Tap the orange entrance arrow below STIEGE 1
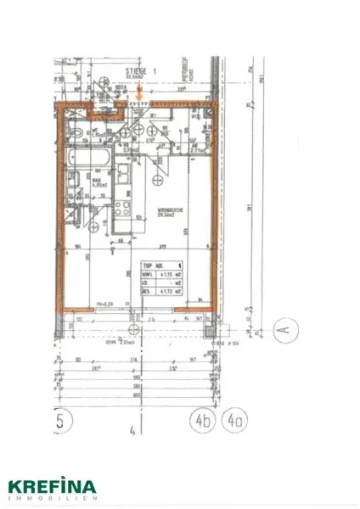pyautogui.click(x=138, y=94)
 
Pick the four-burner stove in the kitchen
pyautogui.click(x=121, y=209)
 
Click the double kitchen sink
pyautogui.click(x=124, y=176)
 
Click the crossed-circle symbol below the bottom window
pyautogui.click(x=132, y=329)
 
